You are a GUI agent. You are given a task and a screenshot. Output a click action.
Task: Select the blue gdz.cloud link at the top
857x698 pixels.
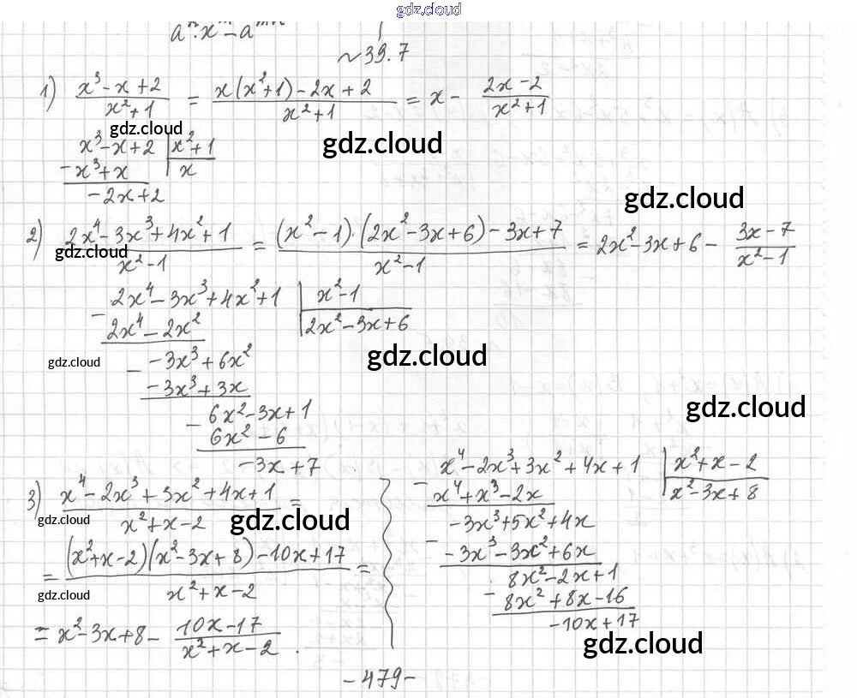(428, 9)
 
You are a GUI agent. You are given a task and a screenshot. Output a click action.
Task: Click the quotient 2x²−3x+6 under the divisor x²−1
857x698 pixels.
(356, 321)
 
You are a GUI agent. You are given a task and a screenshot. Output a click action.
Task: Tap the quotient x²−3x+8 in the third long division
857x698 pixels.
(715, 492)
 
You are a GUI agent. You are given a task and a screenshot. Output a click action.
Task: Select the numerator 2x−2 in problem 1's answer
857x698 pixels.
(515, 86)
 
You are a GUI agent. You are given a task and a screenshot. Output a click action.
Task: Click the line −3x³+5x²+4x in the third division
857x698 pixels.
(524, 521)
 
